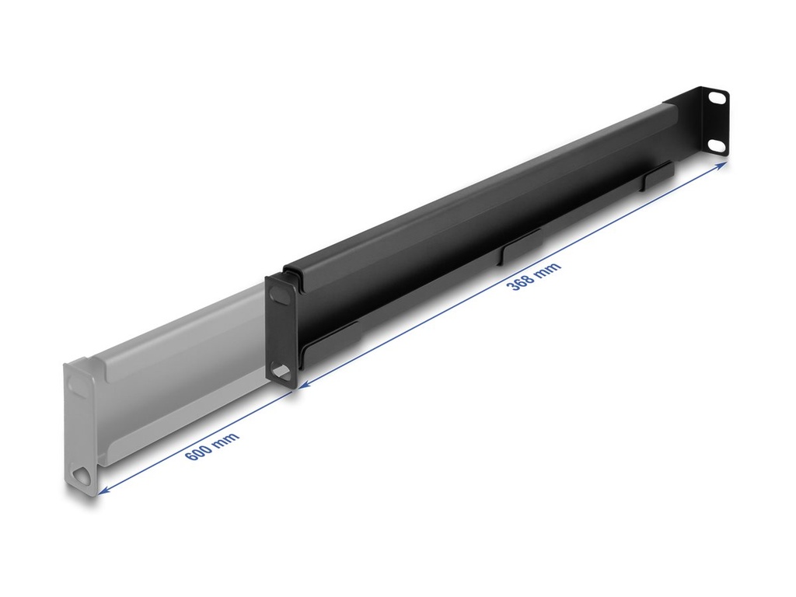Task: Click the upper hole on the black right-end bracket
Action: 717,98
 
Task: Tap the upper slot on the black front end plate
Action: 279,294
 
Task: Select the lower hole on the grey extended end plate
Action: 81,476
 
